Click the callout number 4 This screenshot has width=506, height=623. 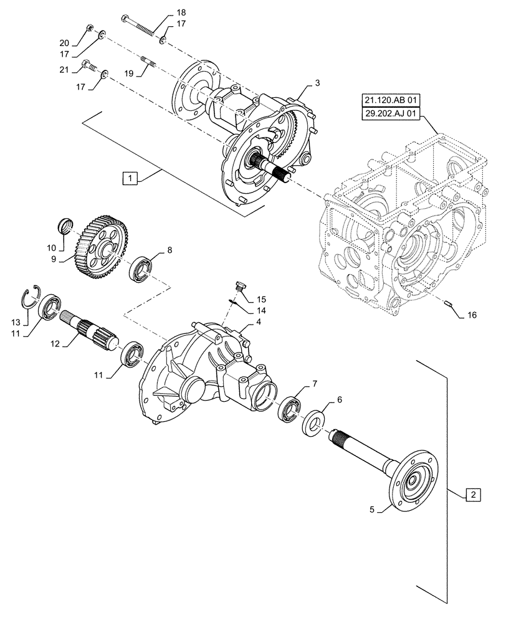coord(257,323)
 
